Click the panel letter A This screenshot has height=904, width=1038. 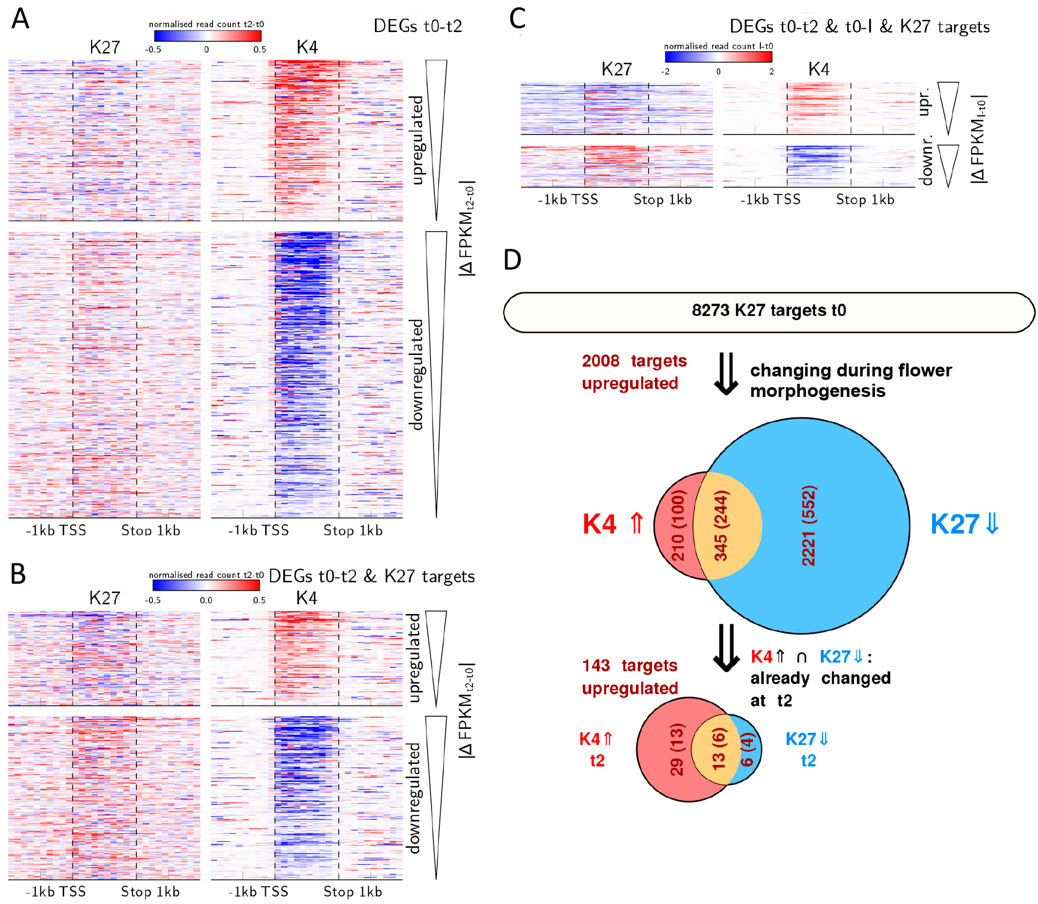[20, 19]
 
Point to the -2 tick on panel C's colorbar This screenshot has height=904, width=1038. [665, 72]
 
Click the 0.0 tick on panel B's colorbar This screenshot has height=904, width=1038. [206, 600]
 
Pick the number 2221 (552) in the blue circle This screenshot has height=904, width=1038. [808, 526]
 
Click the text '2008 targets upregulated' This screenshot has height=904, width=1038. [634, 372]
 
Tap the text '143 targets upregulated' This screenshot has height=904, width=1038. [629, 677]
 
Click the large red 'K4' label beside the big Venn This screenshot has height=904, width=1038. [599, 524]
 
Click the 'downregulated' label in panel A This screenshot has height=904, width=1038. [417, 374]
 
